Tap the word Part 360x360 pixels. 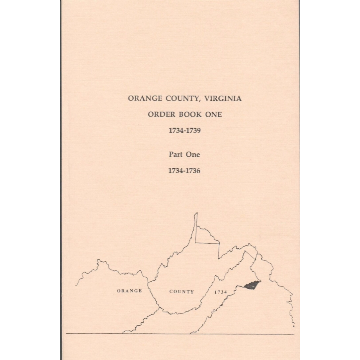176,154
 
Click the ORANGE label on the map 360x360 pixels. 129,291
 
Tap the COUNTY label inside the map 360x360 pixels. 182,292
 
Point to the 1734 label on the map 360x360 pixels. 221,292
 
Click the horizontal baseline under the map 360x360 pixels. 180,334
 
